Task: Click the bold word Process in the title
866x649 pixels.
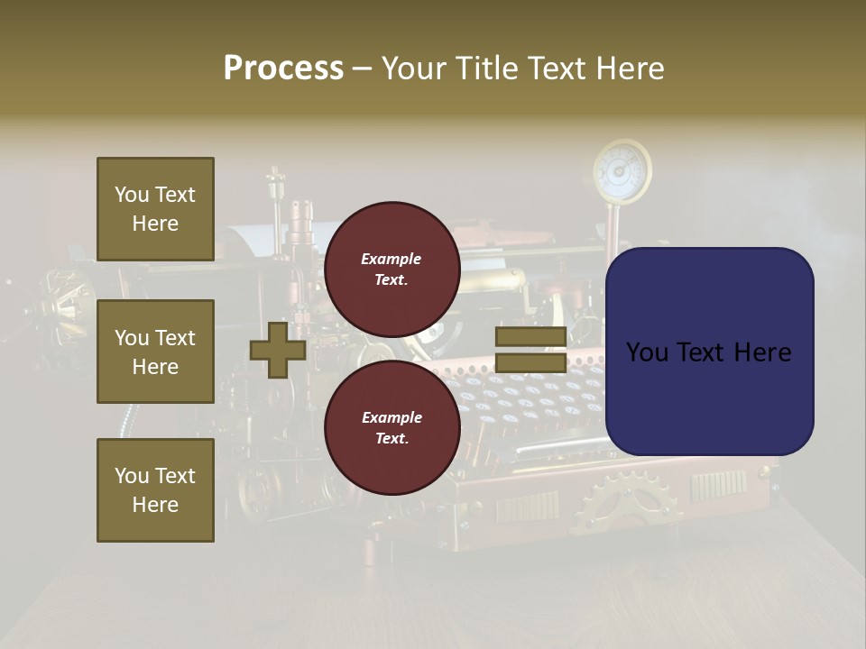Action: click(x=283, y=69)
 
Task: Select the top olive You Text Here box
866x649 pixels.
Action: click(x=155, y=209)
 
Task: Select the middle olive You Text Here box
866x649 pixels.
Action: click(x=155, y=352)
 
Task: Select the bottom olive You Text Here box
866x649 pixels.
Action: click(x=155, y=489)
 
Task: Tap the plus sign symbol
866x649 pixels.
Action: click(x=278, y=351)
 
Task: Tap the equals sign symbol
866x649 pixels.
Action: click(x=530, y=350)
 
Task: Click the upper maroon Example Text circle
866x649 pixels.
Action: click(x=392, y=270)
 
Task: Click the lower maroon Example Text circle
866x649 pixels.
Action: click(x=392, y=428)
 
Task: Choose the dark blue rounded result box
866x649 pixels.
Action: click(x=709, y=351)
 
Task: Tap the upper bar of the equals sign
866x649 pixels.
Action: click(x=530, y=337)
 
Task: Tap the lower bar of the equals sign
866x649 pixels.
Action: click(x=530, y=362)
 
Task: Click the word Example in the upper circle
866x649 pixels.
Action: click(x=392, y=259)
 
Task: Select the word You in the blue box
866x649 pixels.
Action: click(x=647, y=352)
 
